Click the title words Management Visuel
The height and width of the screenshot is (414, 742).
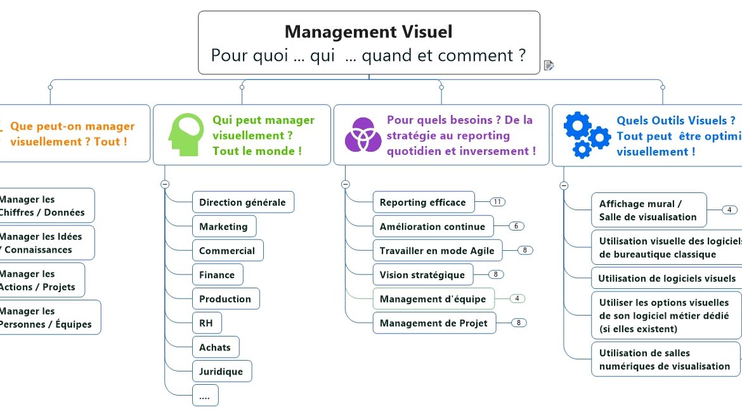368,31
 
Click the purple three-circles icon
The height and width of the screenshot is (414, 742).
363,134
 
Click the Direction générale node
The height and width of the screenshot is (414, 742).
242,203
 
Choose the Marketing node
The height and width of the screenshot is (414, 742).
223,227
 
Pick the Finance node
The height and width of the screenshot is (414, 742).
217,275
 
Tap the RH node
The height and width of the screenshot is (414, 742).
206,323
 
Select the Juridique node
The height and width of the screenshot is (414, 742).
221,371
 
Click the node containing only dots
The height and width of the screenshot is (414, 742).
205,396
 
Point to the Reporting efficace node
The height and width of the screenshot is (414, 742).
422,203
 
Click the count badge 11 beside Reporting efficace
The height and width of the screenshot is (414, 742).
498,202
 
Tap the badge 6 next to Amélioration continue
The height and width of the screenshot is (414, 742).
516,226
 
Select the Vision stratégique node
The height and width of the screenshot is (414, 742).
422,275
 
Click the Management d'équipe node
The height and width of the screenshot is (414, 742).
433,299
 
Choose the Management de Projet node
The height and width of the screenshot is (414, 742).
433,323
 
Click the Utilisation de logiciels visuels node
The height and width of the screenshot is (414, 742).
667,278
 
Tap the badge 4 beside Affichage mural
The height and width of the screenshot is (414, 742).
729,210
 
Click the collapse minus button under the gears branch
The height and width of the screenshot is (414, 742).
564,185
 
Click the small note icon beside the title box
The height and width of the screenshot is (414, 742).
549,65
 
